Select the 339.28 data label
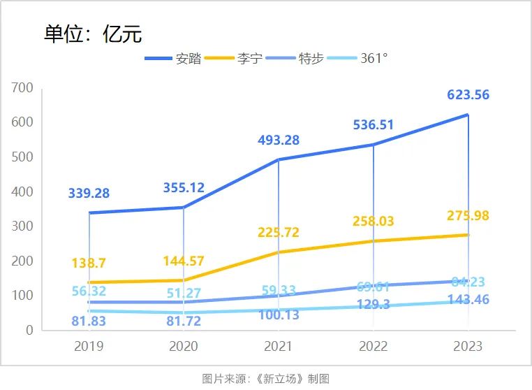tap(89, 193)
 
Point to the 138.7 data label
tap(89, 263)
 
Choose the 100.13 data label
tap(279, 315)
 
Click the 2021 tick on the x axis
tap(278, 346)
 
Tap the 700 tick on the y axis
tap(22, 88)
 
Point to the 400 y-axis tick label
tap(22, 192)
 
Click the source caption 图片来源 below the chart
tap(265, 379)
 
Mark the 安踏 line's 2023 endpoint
tap(467, 115)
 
